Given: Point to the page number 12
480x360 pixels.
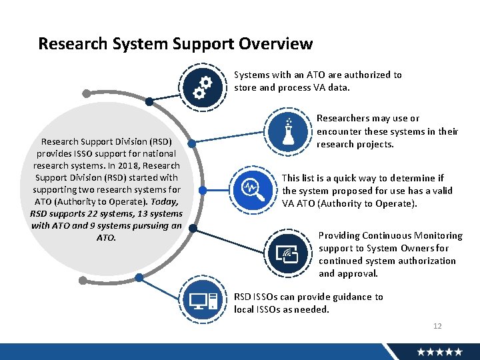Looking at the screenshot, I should [437, 326].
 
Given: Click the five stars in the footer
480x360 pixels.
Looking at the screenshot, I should [440, 351].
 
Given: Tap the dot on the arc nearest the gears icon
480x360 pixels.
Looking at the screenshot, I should [150, 102].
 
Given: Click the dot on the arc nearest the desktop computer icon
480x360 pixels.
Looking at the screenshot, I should [138, 277].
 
